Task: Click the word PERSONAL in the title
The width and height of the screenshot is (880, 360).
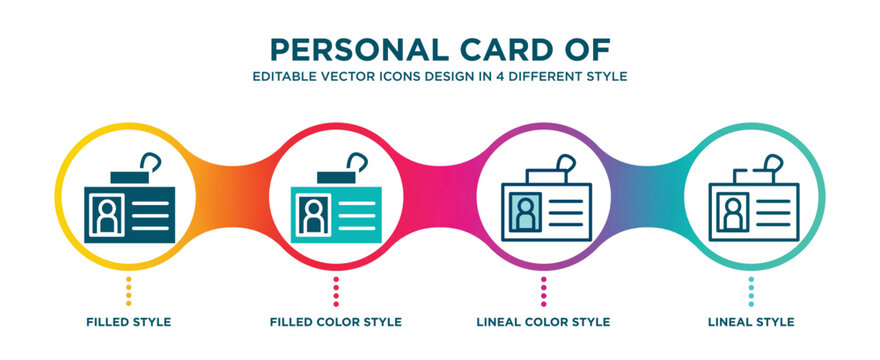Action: (x=334, y=48)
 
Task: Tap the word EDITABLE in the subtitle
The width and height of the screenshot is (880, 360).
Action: (x=284, y=75)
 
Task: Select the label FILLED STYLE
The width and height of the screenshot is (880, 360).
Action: (x=128, y=322)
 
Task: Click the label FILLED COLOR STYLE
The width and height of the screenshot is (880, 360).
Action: (x=336, y=322)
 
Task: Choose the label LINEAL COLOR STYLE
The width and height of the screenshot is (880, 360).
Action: (x=543, y=322)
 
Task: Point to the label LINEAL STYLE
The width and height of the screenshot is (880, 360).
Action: (x=751, y=322)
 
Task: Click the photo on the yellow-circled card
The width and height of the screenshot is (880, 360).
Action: (x=105, y=213)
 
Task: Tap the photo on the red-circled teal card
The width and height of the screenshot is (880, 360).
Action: (x=312, y=213)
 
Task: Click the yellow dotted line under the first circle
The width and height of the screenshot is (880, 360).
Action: (x=128, y=291)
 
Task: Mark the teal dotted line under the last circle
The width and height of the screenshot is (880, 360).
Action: (x=751, y=291)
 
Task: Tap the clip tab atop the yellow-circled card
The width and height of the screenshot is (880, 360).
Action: (x=128, y=176)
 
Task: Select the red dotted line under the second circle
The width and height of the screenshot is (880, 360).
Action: (x=336, y=291)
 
